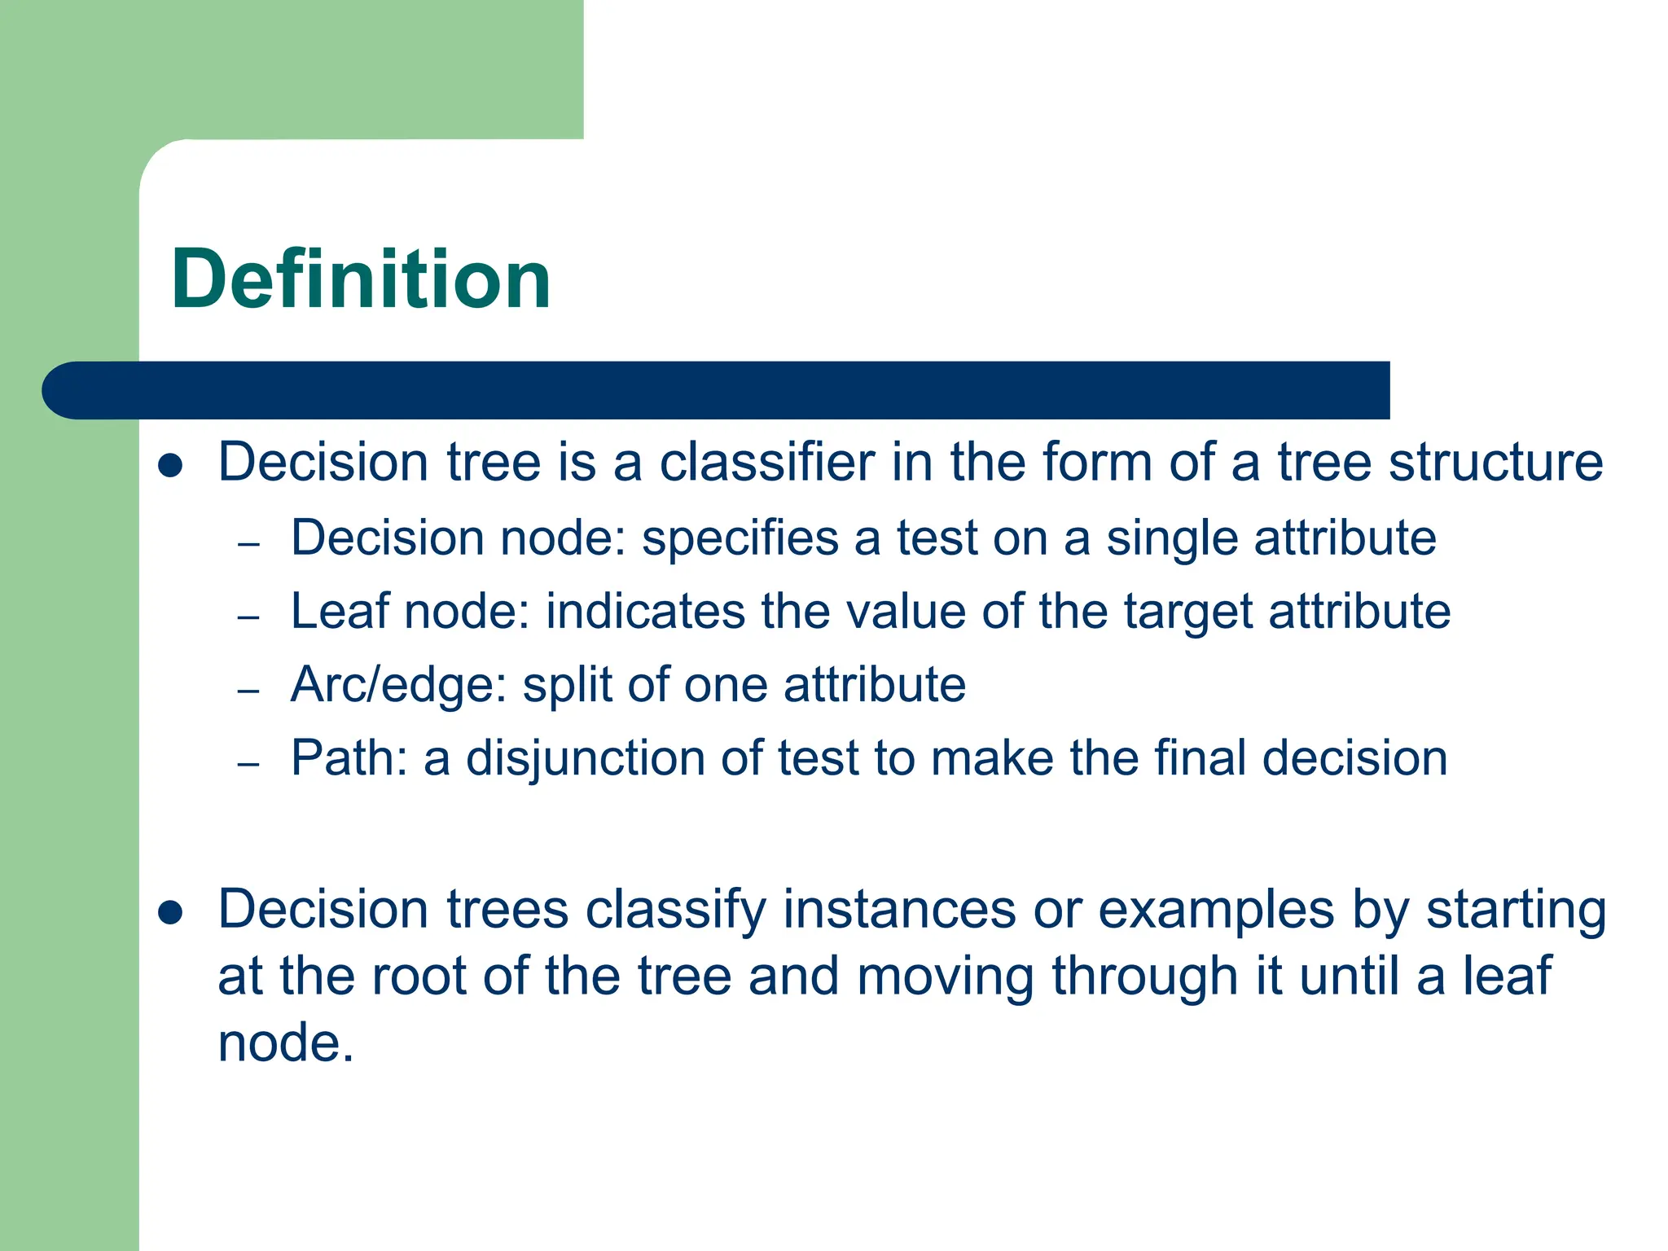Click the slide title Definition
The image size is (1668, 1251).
tap(361, 279)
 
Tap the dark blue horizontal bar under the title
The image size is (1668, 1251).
tap(717, 390)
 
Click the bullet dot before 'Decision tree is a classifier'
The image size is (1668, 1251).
tap(170, 465)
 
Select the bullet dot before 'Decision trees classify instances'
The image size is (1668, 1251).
tap(170, 912)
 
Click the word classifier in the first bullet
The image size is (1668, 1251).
tap(766, 462)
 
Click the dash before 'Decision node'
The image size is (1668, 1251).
tap(248, 544)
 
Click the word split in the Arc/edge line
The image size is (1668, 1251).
tap(567, 685)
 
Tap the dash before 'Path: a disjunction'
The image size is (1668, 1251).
tap(248, 764)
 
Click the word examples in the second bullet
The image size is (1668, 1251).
tap(1216, 911)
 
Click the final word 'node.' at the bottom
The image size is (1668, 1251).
tap(286, 1042)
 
